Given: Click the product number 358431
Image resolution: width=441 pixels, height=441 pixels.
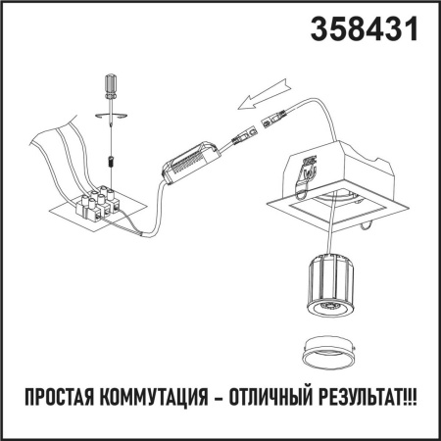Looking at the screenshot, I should tap(364, 29).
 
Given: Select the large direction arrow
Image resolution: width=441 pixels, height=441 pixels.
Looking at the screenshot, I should tap(262, 96).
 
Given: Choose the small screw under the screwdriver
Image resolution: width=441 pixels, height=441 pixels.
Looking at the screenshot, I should tap(111, 157).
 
